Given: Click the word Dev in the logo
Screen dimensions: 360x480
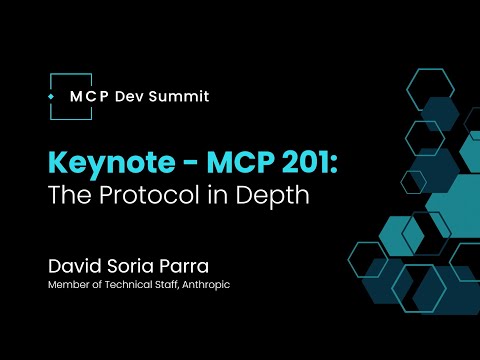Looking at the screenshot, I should coord(133,97).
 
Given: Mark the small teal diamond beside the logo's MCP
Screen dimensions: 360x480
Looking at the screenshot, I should coord(51,97).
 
